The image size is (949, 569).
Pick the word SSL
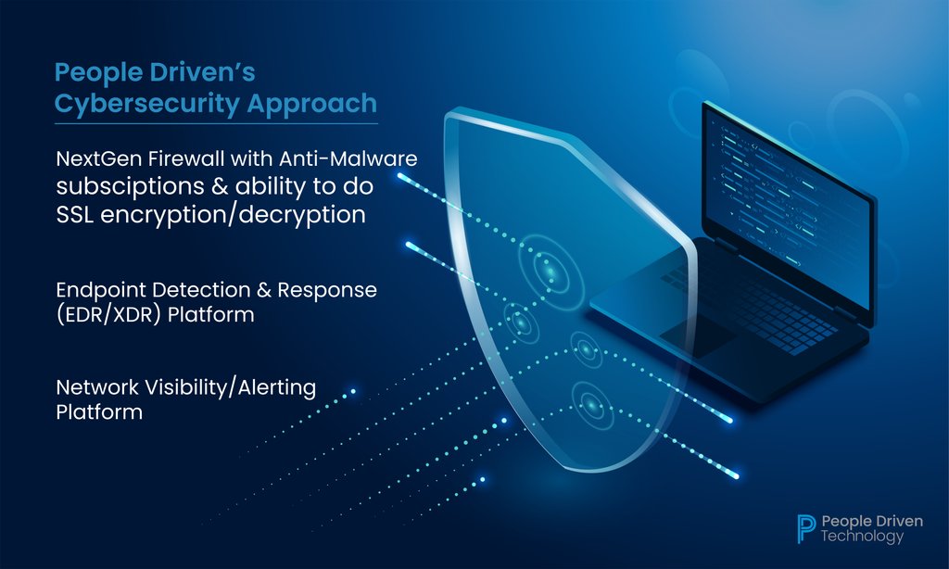pyautogui.click(x=78, y=213)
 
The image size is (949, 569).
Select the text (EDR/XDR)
pyautogui.click(x=107, y=315)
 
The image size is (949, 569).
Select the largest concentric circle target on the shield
pyautogui.click(x=549, y=269)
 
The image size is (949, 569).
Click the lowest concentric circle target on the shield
pyautogui.click(x=589, y=402)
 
